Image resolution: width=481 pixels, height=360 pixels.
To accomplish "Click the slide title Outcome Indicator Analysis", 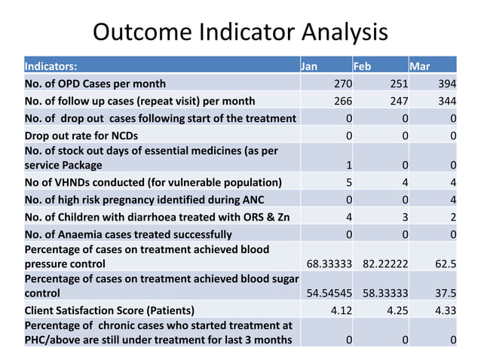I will pyautogui.click(x=240, y=32).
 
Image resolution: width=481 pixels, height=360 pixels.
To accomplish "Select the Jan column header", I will pyautogui.click(x=309, y=66).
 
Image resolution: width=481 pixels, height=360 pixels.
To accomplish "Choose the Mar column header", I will pyautogui.click(x=420, y=66).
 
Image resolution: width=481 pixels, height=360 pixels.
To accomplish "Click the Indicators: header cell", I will pyautogui.click(x=51, y=66).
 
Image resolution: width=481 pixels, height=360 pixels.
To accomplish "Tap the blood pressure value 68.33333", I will pyautogui.click(x=327, y=264).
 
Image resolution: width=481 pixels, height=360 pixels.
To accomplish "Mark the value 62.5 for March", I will pyautogui.click(x=445, y=264).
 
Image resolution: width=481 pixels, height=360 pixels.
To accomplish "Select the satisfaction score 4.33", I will pyautogui.click(x=446, y=310).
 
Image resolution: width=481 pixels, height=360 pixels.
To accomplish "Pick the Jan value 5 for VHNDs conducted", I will pyautogui.click(x=348, y=182).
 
